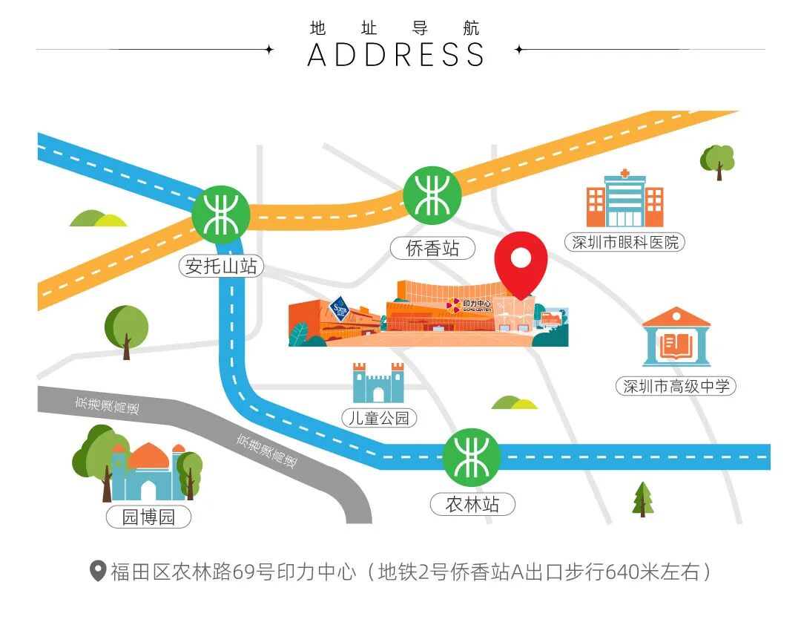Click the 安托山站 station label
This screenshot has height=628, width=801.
pos(221,266)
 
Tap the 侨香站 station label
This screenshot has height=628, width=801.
pos(432,249)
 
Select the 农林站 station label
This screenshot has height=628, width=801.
pos(472,505)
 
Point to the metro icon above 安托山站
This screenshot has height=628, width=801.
pos(221,215)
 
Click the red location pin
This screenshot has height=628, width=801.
pos(521,261)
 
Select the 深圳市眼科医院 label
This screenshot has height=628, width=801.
pos(625,242)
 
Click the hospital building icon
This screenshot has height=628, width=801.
pos(624,200)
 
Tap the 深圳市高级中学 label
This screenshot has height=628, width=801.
pos(676,386)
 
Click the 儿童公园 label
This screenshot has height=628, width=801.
pos(379,418)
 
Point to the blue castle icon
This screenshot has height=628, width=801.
pos(378,383)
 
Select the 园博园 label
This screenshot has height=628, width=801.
pos(148,517)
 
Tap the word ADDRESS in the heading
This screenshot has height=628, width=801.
pos(396,55)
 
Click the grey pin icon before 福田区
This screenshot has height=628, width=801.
pos(98,572)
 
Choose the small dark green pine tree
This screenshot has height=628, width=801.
pos(643,499)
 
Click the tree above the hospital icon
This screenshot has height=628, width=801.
pos(717,160)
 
